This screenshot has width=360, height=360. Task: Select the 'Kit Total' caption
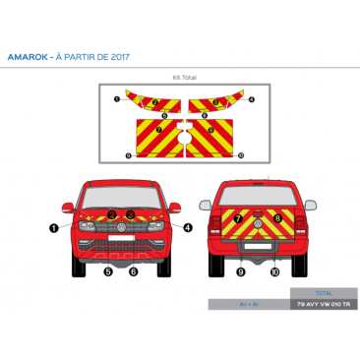click(x=184, y=77)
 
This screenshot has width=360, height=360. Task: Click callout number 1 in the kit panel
click(x=118, y=98)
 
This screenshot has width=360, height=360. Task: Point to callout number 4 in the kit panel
click(x=252, y=98)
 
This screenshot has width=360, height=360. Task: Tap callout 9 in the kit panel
click(x=129, y=155)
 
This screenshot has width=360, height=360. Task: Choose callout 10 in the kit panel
click(x=237, y=155)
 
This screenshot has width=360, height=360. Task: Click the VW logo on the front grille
click(x=121, y=229)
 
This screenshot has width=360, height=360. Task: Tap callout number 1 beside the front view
click(x=53, y=227)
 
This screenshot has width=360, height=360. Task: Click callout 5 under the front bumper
click(x=108, y=271)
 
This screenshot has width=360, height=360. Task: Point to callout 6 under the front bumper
click(x=133, y=271)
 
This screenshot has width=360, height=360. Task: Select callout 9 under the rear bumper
click(x=240, y=271)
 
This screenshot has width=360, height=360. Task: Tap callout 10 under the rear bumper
click(x=274, y=271)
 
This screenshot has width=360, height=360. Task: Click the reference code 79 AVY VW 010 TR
click(x=323, y=305)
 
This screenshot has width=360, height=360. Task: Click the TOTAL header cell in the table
click(x=323, y=293)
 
